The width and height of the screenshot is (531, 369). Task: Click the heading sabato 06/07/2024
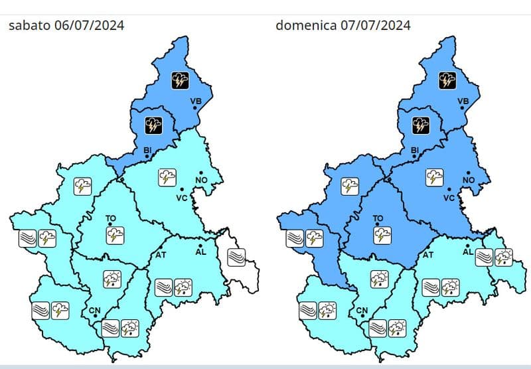tap(66, 26)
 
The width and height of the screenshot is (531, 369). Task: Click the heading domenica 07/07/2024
tap(342, 26)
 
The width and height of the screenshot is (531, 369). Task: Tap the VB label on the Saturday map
tap(195, 102)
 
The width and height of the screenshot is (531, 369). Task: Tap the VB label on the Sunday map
tap(463, 102)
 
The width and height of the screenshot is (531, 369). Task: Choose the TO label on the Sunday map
tap(378, 218)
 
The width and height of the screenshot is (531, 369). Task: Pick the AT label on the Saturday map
tap(161, 255)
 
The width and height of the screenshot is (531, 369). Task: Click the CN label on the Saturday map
tap(94, 311)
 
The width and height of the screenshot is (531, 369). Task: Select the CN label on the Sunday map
tap(362, 311)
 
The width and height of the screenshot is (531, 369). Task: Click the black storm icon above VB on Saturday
tap(181, 82)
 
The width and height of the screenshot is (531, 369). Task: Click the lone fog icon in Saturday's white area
tap(236, 256)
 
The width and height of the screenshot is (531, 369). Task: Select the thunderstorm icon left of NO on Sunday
tap(433, 177)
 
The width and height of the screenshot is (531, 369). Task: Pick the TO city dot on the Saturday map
tap(110, 224)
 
